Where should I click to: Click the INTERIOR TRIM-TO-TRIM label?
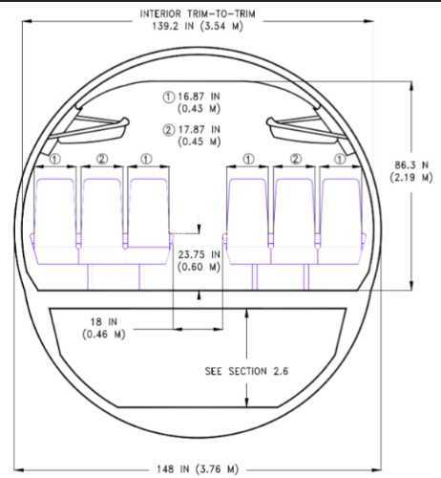(x=198, y=14)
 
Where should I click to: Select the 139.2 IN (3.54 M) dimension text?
(x=198, y=26)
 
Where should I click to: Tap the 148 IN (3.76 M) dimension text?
(x=198, y=469)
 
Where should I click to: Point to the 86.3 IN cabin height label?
(x=411, y=171)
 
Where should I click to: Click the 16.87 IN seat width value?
(x=199, y=97)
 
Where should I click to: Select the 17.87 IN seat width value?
(x=199, y=129)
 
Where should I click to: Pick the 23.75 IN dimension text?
(x=199, y=254)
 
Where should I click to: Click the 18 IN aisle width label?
(x=104, y=322)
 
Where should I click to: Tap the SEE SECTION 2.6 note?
(x=246, y=371)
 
